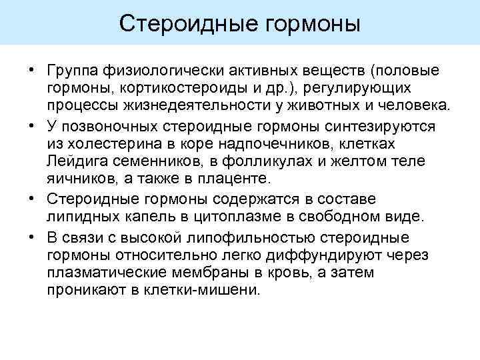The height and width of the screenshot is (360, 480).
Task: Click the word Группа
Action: (x=73, y=71)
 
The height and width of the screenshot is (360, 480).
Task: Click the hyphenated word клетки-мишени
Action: (x=209, y=290)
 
